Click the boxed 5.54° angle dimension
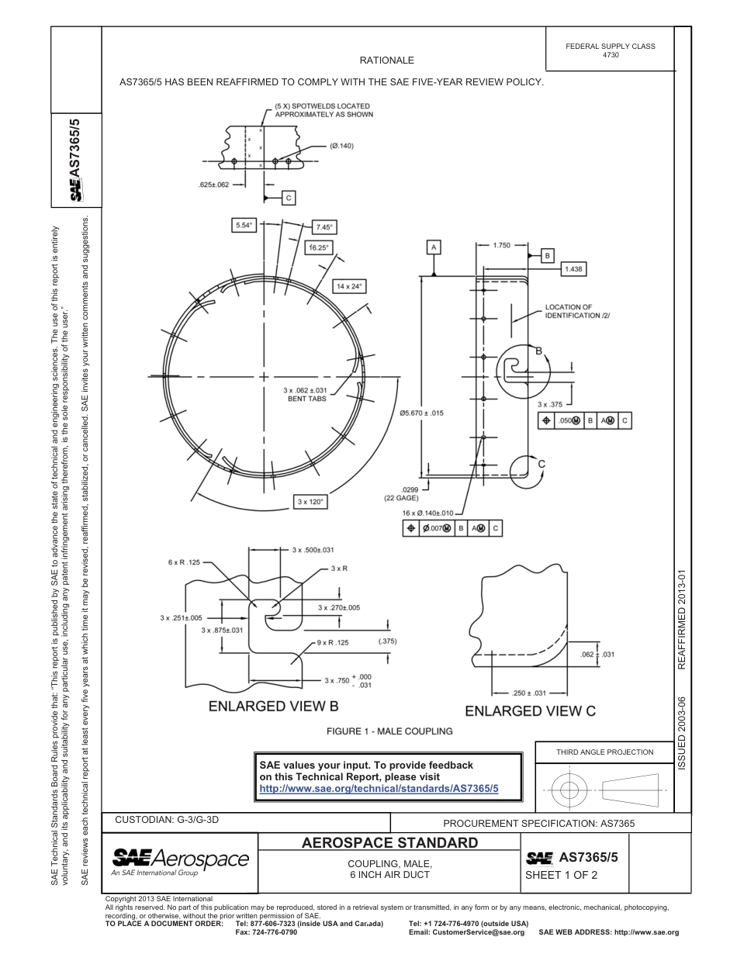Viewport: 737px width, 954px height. (244, 226)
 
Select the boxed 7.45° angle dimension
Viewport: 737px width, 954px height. (324, 227)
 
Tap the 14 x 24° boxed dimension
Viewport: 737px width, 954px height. (349, 286)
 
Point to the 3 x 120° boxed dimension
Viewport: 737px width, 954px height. (312, 502)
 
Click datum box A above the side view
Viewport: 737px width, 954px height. (434, 247)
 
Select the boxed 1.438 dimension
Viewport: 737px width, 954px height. (574, 268)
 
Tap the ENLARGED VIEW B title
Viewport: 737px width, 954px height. (273, 707)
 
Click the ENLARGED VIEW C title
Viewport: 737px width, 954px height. (530, 710)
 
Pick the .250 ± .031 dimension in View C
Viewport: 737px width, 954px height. (530, 693)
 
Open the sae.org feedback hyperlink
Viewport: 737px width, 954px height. (378, 788)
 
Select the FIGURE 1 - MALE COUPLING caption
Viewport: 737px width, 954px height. (389, 731)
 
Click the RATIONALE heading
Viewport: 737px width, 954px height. (386, 60)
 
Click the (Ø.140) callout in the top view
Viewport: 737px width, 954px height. (341, 146)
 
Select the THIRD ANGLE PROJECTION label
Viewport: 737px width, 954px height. (604, 752)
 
